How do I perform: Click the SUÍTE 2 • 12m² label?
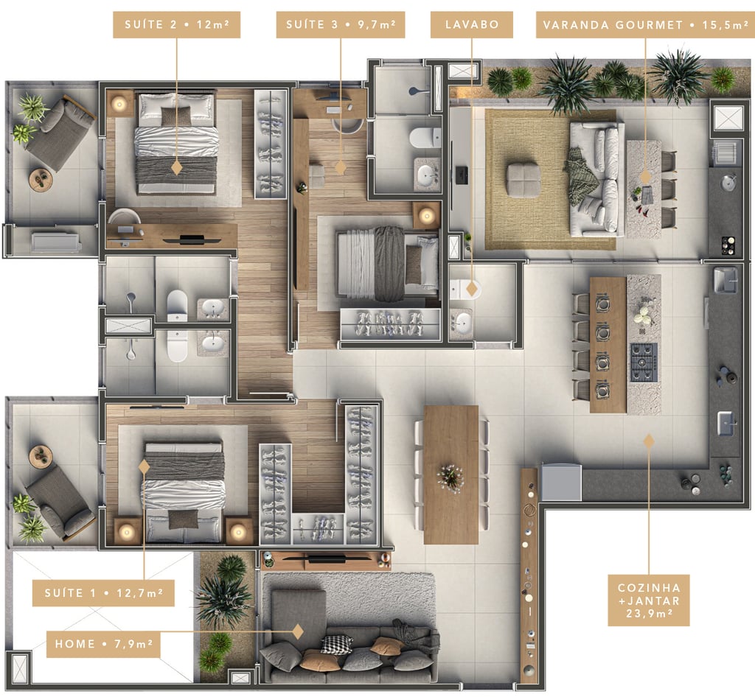[177, 24]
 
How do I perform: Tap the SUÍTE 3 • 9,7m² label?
[341, 24]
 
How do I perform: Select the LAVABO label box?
[471, 24]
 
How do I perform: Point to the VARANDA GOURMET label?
[644, 24]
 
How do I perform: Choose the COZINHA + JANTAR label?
[649, 600]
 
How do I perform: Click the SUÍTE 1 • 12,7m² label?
[103, 593]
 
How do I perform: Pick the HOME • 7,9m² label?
[103, 644]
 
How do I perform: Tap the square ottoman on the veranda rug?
[523, 181]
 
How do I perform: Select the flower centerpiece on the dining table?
[450, 478]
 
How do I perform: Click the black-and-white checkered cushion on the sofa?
[336, 645]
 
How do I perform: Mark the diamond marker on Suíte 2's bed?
[177, 167]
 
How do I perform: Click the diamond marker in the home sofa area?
[298, 631]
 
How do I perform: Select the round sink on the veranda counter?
[728, 183]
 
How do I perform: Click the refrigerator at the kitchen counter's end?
[561, 483]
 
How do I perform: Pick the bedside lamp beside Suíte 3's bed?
[427, 216]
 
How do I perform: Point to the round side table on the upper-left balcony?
[41, 180]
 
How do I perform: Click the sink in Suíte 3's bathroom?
[427, 175]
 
